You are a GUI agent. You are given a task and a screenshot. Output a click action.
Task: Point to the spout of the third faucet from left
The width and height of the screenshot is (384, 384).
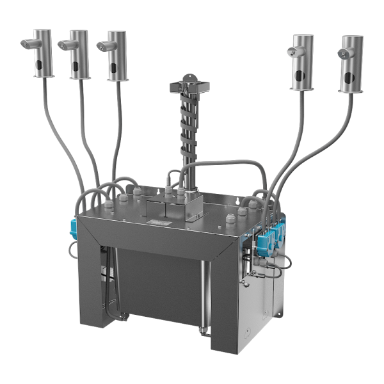click(x=102, y=45)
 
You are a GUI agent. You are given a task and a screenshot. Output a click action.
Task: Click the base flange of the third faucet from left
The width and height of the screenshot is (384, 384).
click(x=117, y=79)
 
